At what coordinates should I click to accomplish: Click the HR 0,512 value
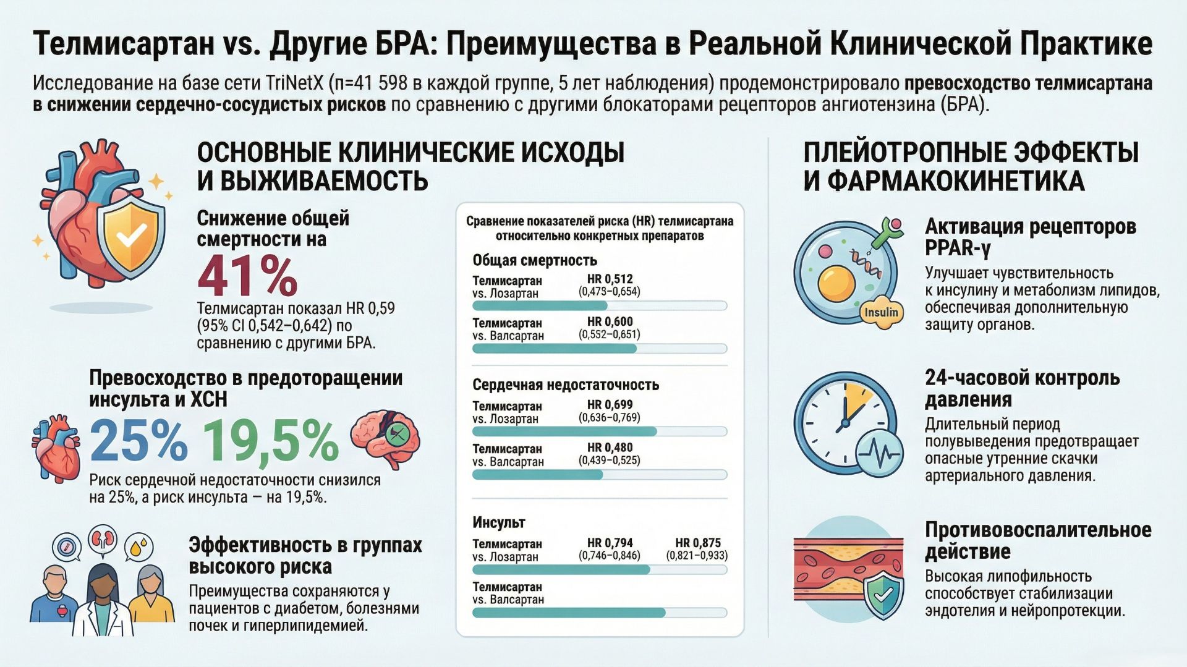(610, 279)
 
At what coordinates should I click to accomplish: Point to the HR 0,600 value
(610, 322)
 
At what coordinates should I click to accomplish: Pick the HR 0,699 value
(610, 405)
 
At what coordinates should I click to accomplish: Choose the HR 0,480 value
(610, 448)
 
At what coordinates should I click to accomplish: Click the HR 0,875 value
(697, 543)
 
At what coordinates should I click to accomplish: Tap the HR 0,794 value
(610, 543)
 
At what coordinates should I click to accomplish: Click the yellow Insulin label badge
(881, 312)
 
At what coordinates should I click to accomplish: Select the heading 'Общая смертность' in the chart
(535, 260)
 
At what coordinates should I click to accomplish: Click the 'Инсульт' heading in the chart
(498, 522)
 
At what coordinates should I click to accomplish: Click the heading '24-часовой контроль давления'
(1022, 388)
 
